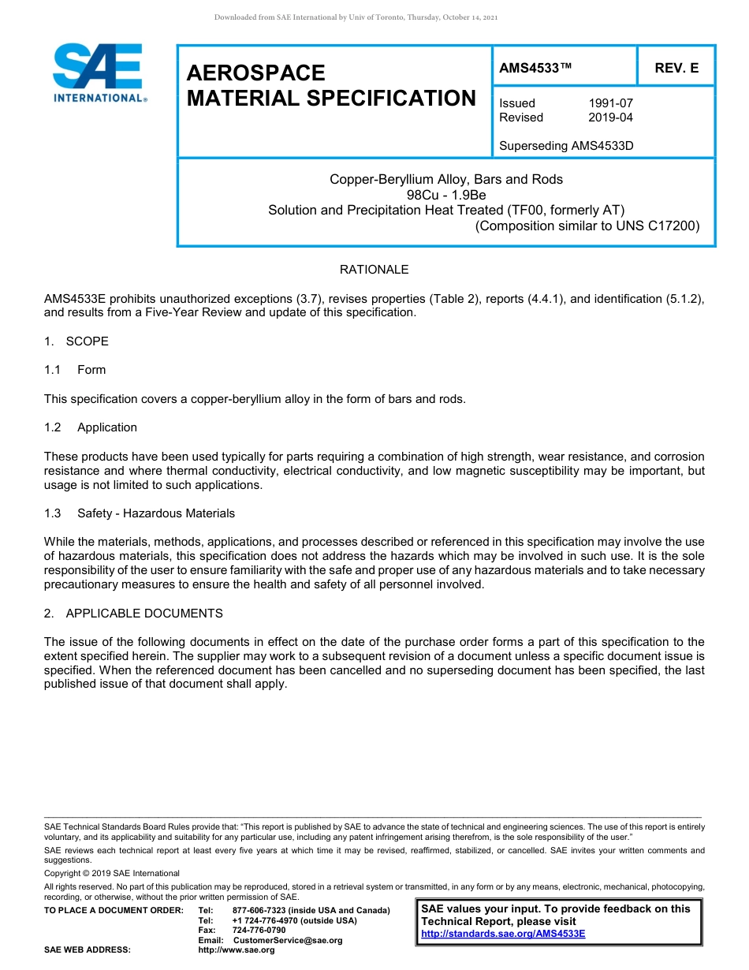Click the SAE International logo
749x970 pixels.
99,73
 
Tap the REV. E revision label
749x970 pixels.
676,69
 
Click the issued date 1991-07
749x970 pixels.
610,103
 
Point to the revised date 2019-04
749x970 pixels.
610,118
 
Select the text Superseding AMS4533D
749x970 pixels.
566,146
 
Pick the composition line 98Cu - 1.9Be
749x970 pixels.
446,195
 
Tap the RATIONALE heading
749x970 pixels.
374,270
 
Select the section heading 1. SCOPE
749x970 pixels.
76,341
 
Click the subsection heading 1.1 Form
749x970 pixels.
76,370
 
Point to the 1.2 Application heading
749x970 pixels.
91,427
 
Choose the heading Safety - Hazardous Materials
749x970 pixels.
155,513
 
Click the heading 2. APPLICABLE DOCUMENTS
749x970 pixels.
133,614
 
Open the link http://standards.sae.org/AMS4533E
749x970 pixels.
503,934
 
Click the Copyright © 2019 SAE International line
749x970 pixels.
112,873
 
